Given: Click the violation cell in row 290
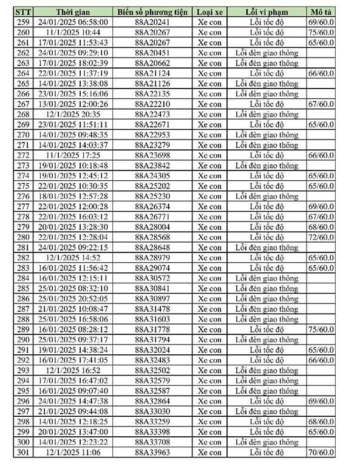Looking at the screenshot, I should pyautogui.click(x=266, y=339).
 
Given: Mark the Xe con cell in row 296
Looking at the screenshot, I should pyautogui.click(x=210, y=401).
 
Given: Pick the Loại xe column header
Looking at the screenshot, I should pyautogui.click(x=210, y=12).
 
